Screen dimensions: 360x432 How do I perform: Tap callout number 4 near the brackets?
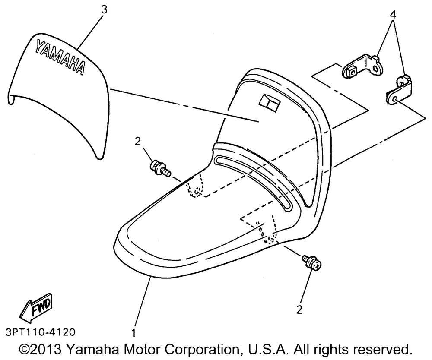click(392, 15)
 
